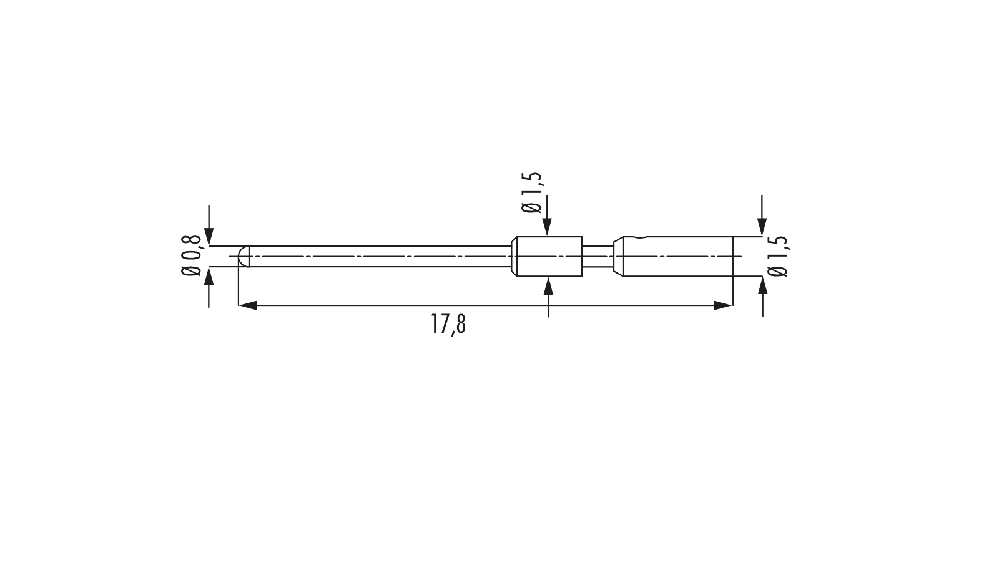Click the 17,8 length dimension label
point(448,325)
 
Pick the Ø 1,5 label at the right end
point(779,256)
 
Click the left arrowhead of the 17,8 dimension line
point(248,305)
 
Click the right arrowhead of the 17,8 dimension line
point(723,305)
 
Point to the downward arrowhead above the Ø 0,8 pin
point(209,237)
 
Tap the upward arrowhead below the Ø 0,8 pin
point(209,275)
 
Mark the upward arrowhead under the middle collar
point(549,285)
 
